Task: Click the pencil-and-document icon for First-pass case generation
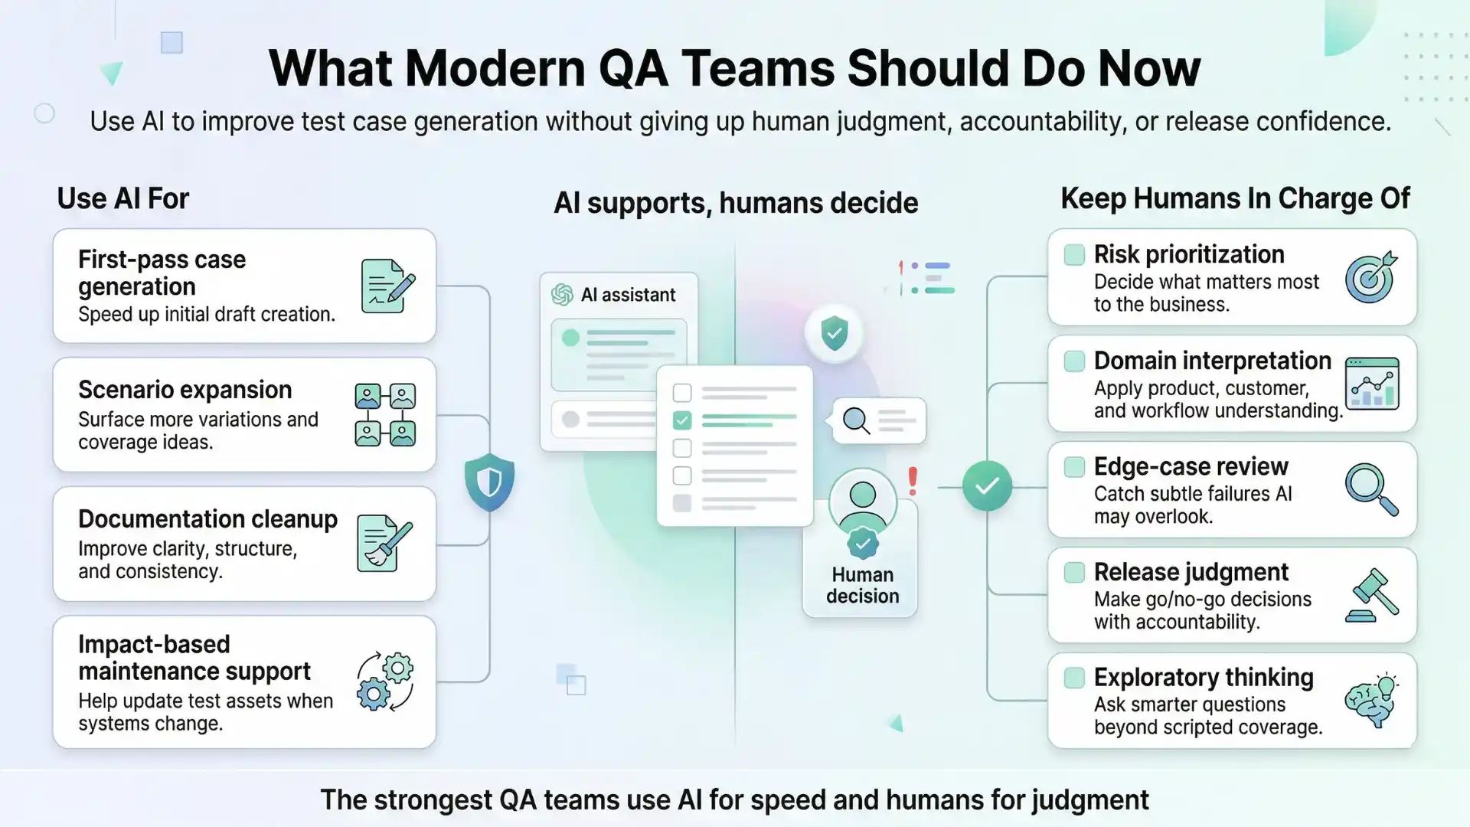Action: [387, 286]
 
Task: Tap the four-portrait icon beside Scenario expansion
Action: [385, 414]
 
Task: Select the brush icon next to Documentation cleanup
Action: [384, 544]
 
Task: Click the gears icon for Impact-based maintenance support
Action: [385, 682]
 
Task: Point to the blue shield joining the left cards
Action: [489, 482]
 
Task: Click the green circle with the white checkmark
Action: [987, 485]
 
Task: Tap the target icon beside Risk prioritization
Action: [1371, 278]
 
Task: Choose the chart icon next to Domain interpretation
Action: [1372, 384]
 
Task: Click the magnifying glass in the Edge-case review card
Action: [1371, 489]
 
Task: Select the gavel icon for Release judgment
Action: [1371, 595]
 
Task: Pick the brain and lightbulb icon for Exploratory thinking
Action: [1371, 701]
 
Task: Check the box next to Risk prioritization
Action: [1074, 255]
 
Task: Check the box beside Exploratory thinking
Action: [1074, 678]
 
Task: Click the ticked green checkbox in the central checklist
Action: [681, 420]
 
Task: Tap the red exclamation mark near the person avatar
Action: [912, 481]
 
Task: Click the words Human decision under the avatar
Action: [862, 586]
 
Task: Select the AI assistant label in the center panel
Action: [628, 295]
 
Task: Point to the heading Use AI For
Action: [122, 199]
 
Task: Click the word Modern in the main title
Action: [495, 69]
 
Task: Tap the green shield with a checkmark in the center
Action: [834, 333]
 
